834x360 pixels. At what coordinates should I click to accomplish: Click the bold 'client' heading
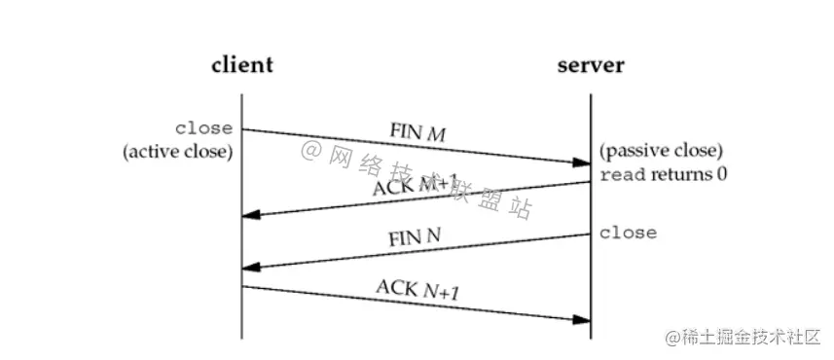pyautogui.click(x=242, y=66)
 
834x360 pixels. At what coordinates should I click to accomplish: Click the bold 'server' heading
pyautogui.click(x=591, y=66)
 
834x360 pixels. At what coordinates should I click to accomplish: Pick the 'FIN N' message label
pyautogui.click(x=414, y=235)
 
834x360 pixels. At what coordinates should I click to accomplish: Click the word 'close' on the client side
pyautogui.click(x=203, y=128)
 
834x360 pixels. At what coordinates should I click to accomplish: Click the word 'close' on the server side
pyautogui.click(x=628, y=234)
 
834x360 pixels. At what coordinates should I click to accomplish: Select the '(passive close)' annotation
pyautogui.click(x=661, y=152)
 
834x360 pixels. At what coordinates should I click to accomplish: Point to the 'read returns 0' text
pyautogui.click(x=664, y=175)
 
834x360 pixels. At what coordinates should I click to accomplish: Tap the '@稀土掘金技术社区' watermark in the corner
pyautogui.click(x=743, y=337)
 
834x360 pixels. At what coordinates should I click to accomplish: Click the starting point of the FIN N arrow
pyautogui.click(x=590, y=234)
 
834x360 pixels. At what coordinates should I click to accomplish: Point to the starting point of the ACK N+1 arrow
pyautogui.click(x=243, y=286)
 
